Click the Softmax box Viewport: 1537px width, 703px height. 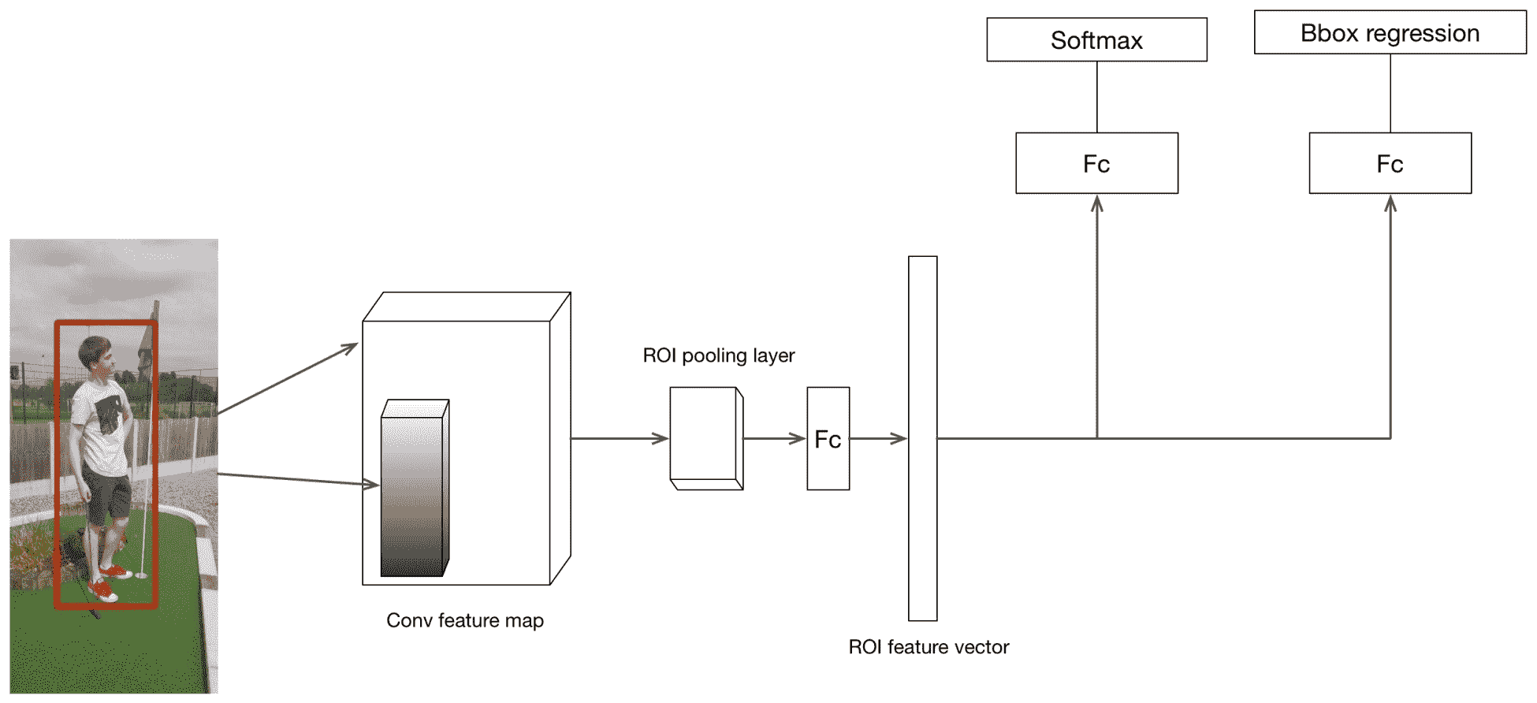click(x=1096, y=39)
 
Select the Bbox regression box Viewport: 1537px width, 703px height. click(x=1390, y=32)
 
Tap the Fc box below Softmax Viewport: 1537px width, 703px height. click(x=1096, y=163)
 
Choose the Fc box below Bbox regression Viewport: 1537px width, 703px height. click(x=1390, y=163)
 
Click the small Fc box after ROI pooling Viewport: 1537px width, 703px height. click(x=828, y=438)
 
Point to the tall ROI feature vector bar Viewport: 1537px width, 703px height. click(x=923, y=438)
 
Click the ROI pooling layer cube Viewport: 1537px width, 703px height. click(x=706, y=438)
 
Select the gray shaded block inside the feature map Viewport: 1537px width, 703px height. click(x=415, y=489)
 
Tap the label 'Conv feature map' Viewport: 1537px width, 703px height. click(x=465, y=620)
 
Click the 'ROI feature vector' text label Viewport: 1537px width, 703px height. click(x=929, y=647)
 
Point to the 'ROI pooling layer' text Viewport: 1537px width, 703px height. click(x=719, y=355)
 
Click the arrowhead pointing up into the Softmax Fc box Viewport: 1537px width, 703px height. click(x=1097, y=204)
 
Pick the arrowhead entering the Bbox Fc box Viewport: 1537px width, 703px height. click(x=1390, y=204)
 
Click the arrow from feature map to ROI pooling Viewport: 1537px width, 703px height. click(x=620, y=438)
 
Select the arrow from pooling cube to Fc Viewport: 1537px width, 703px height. click(x=775, y=438)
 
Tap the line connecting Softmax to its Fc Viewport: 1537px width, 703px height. click(x=1097, y=97)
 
